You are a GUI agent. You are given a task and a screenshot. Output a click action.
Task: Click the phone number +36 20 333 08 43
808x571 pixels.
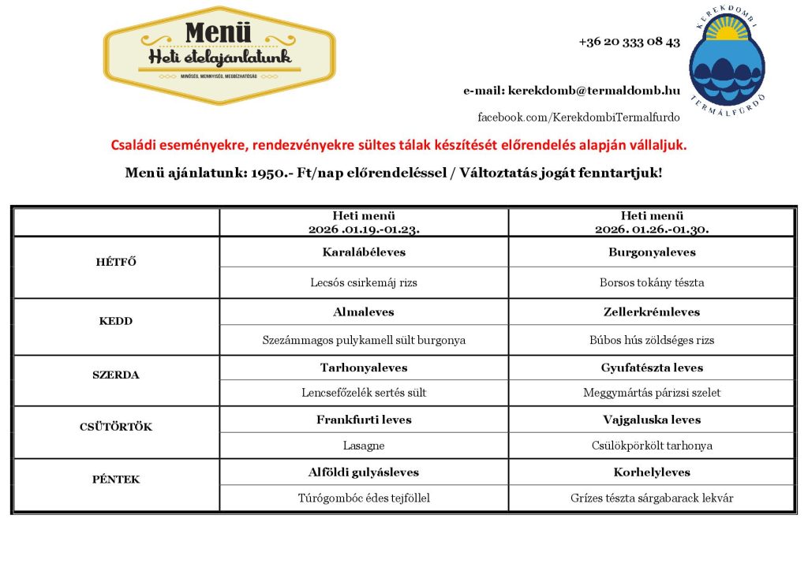(x=629, y=42)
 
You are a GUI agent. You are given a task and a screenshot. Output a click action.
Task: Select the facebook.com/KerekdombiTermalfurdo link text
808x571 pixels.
(x=578, y=118)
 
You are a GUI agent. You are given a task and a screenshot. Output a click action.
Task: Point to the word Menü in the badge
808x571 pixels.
(x=219, y=32)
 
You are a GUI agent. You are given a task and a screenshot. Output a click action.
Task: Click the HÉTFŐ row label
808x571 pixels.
(x=116, y=262)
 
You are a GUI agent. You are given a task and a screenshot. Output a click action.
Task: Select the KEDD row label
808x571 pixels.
(x=116, y=321)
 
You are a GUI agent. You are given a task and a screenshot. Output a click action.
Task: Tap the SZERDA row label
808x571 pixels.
(x=116, y=375)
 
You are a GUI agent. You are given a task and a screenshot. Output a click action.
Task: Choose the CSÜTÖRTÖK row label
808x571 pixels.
(x=116, y=427)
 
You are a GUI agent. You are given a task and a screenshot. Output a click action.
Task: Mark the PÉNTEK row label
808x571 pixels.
(x=116, y=479)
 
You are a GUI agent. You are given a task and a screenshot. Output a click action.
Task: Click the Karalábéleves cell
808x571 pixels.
(x=364, y=252)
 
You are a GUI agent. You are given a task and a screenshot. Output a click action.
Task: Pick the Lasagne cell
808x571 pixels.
(x=364, y=446)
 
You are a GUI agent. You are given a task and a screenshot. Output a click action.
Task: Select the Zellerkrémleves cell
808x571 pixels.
(x=651, y=312)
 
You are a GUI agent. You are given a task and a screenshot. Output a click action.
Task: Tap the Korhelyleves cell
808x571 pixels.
(x=651, y=472)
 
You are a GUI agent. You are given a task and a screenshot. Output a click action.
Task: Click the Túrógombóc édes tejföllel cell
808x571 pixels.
(x=364, y=498)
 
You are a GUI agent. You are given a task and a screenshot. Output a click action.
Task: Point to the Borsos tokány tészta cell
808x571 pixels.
(x=651, y=282)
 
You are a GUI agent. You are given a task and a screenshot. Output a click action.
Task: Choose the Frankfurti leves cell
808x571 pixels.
(x=364, y=420)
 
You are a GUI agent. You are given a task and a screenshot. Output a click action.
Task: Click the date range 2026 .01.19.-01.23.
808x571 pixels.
(x=364, y=230)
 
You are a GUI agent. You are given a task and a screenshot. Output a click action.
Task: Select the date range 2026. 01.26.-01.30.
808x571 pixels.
(x=651, y=230)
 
